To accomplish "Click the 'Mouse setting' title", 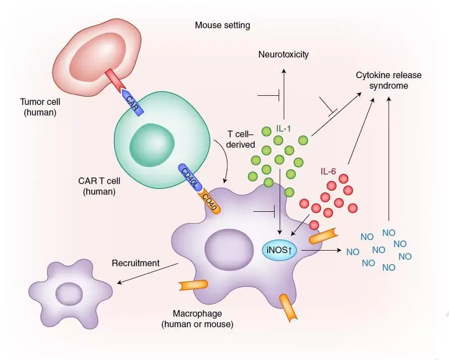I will point(222,25).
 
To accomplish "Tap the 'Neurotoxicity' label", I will point(283,54).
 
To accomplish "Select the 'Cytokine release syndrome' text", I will point(389,80).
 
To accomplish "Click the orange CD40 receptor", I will point(209,201).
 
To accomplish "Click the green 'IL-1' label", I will point(284,129).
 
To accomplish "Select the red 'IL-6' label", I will point(328,171).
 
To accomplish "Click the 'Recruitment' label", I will point(136,263).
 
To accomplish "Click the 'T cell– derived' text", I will point(241,139).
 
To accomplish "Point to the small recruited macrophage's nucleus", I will point(70,293).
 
